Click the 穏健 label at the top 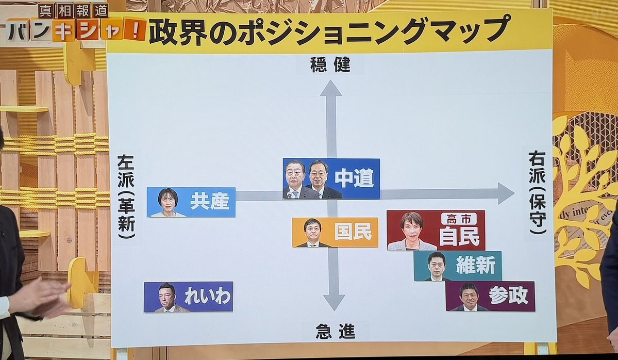tap(330, 65)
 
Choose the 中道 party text tap(354, 178)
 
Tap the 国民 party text tap(353, 232)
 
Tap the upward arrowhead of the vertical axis tap(331, 89)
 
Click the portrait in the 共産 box tap(168, 202)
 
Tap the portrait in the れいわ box tap(167, 297)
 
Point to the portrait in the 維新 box tap(437, 266)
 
